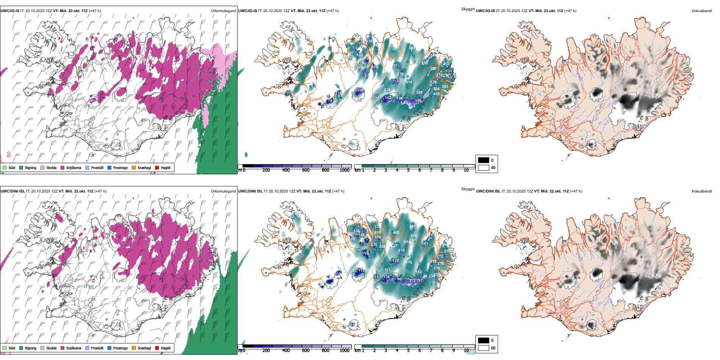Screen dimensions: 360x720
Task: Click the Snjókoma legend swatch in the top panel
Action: [62, 167]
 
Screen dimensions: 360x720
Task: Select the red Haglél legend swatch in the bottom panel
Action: [157, 348]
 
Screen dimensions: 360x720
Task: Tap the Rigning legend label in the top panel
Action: [31, 167]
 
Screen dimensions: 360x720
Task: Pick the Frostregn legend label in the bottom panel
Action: [121, 348]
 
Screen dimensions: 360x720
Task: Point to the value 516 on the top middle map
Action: [409, 82]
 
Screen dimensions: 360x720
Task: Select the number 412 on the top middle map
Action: [436, 94]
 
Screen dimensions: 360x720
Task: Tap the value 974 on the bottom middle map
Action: [407, 242]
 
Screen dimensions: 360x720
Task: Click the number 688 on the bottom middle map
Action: [414, 236]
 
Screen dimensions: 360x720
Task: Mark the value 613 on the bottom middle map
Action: [377, 233]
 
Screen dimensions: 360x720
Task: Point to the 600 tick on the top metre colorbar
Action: [305, 170]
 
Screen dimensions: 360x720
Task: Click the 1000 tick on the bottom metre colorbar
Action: [344, 351]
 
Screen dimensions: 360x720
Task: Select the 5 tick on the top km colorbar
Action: [408, 170]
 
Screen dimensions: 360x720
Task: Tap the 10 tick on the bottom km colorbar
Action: [466, 351]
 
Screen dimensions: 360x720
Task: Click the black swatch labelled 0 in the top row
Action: [484, 160]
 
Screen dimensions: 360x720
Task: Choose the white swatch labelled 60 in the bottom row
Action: [484, 348]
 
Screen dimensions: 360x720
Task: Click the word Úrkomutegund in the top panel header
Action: [223, 11]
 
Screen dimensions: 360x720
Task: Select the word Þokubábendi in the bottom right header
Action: [702, 191]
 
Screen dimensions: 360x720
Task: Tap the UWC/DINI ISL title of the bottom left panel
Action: [13, 191]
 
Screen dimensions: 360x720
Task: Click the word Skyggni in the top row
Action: [468, 9]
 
